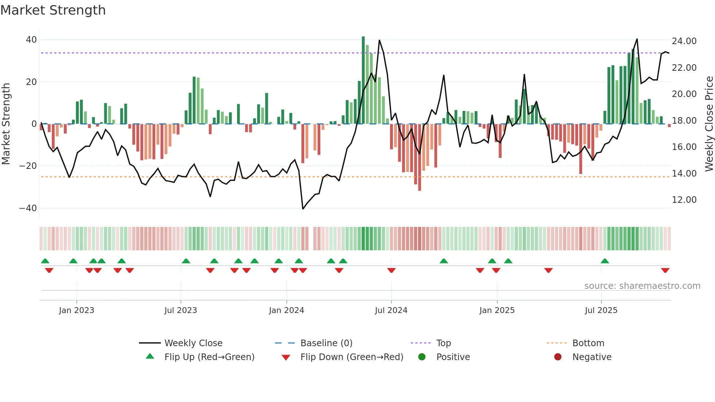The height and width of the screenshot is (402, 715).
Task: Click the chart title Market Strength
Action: pos(53,10)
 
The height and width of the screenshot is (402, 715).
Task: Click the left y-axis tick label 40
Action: pos(31,40)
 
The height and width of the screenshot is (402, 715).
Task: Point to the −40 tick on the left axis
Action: pos(28,208)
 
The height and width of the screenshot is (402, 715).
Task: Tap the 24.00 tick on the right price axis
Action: pos(684,41)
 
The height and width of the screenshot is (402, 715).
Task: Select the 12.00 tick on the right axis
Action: pos(684,200)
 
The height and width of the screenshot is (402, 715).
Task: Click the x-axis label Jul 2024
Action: pos(391,310)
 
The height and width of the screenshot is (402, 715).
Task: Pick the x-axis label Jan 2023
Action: pos(77,310)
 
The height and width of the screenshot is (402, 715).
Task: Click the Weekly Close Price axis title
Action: pos(709,124)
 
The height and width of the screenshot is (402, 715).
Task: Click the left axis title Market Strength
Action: pos(6,124)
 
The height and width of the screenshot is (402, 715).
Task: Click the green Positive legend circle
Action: pos(422,357)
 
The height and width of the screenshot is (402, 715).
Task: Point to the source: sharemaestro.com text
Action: pos(642,286)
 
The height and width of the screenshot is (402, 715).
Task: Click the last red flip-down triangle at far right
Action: pos(665,270)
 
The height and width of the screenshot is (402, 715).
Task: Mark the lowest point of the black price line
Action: pos(303,209)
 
